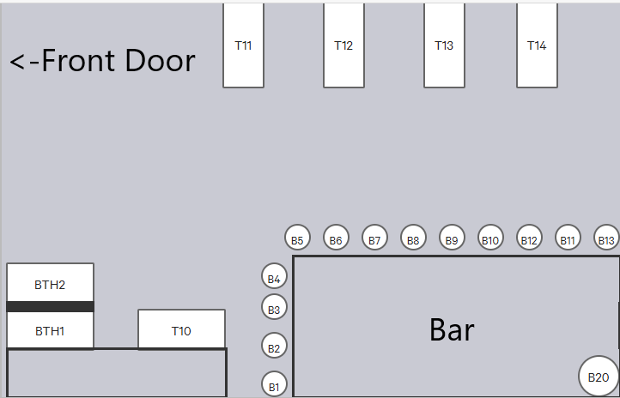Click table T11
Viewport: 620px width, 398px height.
click(x=243, y=45)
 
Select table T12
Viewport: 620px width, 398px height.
click(x=343, y=45)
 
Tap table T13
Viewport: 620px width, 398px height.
click(x=444, y=45)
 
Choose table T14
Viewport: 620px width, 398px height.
click(x=537, y=45)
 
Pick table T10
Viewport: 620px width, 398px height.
click(x=181, y=329)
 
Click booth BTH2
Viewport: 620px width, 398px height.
click(x=50, y=283)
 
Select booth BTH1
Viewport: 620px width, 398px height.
click(x=50, y=330)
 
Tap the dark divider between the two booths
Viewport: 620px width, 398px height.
click(x=50, y=307)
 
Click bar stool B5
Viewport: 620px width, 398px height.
click(x=297, y=238)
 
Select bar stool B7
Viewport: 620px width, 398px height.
click(x=374, y=238)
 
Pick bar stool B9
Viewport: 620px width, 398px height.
click(x=452, y=238)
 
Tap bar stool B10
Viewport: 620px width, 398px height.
click(x=490, y=238)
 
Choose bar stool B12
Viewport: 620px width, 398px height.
click(x=529, y=238)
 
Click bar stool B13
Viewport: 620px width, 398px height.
click(x=606, y=238)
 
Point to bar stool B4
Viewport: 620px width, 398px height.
click(x=274, y=276)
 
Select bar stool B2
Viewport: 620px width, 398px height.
click(x=274, y=346)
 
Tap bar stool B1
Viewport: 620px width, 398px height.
click(x=274, y=384)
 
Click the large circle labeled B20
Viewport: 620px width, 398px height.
click(x=599, y=377)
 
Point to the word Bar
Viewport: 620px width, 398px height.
click(x=452, y=329)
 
